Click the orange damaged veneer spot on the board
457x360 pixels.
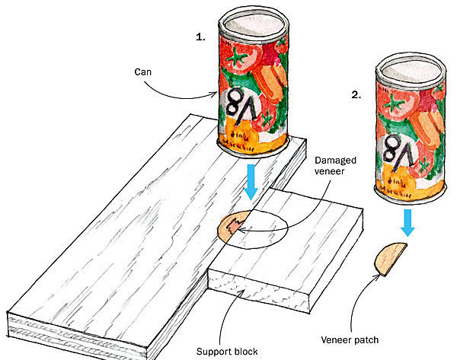pos(231,226)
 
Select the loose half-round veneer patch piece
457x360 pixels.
pos(391,260)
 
